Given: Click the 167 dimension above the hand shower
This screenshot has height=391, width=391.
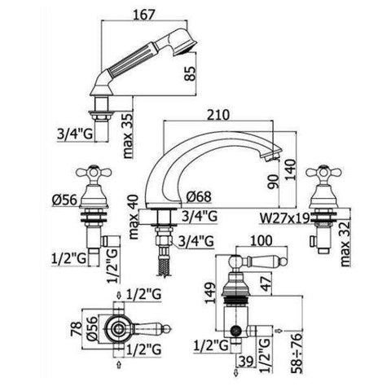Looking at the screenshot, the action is (x=143, y=15).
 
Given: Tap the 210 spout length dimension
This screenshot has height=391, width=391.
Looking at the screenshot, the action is (x=218, y=115).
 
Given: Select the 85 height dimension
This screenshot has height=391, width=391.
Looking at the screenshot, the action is (x=191, y=73).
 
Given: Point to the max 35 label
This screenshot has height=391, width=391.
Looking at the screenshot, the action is (x=128, y=135).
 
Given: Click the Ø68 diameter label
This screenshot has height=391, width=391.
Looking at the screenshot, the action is (x=199, y=196).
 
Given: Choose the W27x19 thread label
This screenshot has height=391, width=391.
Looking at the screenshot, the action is (x=285, y=217).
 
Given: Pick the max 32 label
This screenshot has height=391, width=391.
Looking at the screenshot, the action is (x=345, y=244).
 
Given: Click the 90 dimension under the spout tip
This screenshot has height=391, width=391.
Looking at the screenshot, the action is (x=274, y=182).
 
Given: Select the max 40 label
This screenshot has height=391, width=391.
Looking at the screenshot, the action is (x=134, y=217).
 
